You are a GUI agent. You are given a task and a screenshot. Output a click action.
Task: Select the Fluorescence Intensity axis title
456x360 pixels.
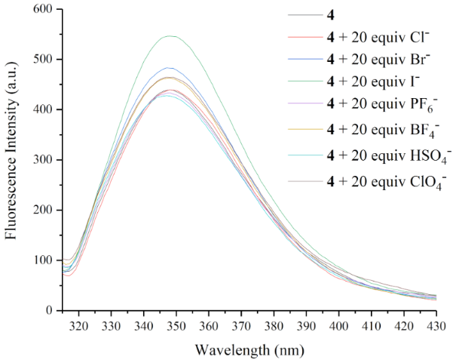(11, 160)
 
